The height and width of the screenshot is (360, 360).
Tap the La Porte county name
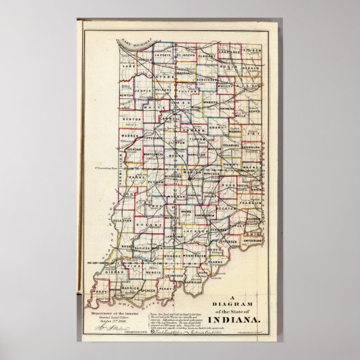pyautogui.click(x=163, y=55)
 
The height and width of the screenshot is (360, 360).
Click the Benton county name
pyautogui.click(x=132, y=119)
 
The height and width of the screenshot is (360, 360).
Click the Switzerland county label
pyautogui.click(x=253, y=240)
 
